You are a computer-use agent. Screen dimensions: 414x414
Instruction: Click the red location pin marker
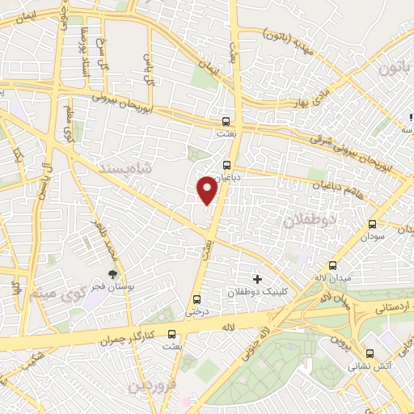207,190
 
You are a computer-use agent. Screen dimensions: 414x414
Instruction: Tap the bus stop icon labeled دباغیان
226,163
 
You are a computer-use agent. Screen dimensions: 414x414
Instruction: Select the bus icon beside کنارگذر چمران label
171,333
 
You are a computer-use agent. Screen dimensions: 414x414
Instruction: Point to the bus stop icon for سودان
372,225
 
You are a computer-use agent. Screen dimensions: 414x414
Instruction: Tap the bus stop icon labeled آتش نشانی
370,353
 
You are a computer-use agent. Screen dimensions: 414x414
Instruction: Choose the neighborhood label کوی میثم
52,293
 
